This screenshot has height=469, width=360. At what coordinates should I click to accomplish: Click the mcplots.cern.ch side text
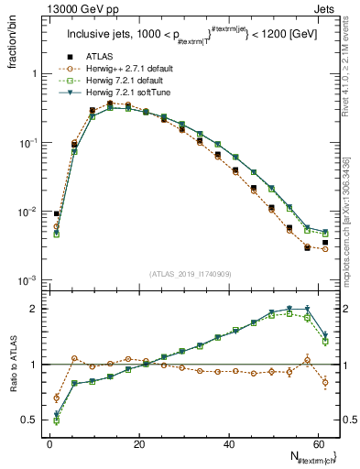pyautogui.click(x=352, y=212)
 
